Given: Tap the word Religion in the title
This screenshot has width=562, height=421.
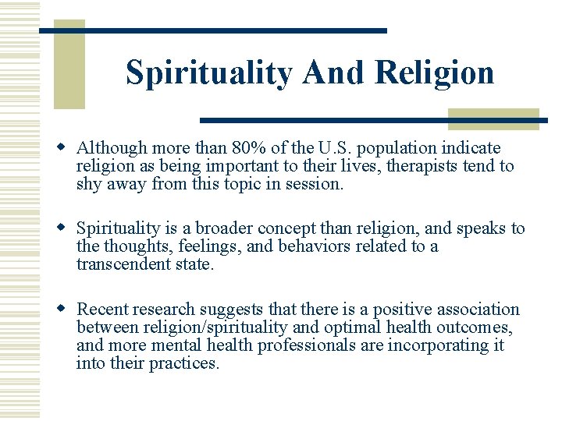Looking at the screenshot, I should click(434, 73).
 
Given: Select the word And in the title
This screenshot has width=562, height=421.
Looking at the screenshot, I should click(334, 73).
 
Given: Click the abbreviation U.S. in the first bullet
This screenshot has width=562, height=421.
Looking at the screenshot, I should click(334, 148).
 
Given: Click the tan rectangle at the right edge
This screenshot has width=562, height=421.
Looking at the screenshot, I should click(493, 119).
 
